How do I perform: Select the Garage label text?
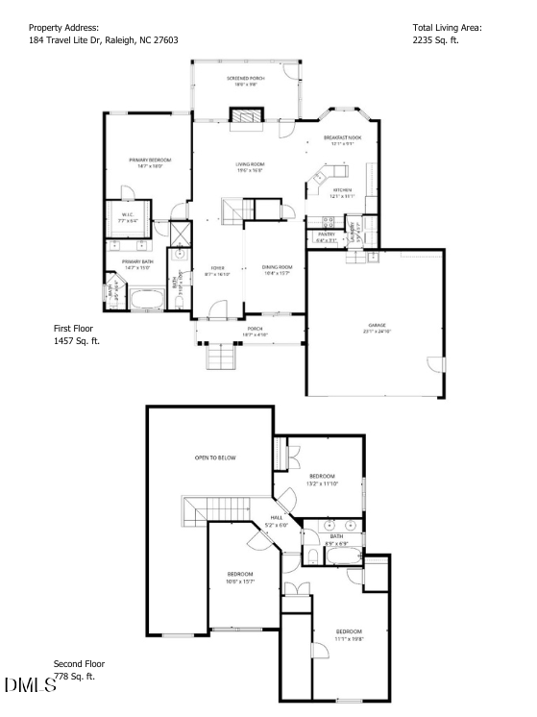point(377,326)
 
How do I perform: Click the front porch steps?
point(222,358)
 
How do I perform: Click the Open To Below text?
point(214,457)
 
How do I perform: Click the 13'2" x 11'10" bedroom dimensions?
point(322,484)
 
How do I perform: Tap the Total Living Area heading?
point(447,28)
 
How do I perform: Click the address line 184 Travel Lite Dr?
point(103,40)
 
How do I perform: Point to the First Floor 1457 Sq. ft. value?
point(76,340)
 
